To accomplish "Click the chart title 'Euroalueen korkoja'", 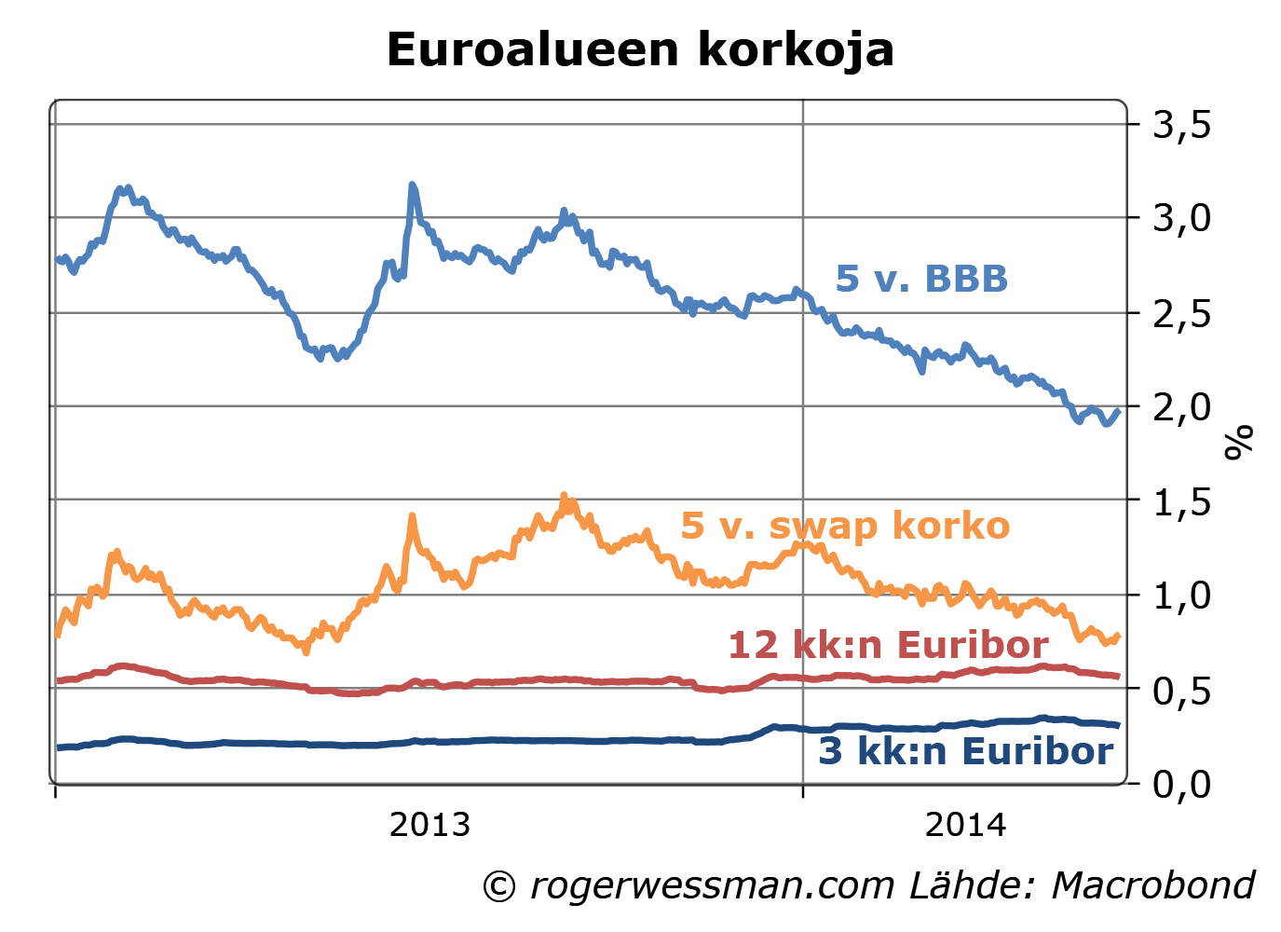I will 640,49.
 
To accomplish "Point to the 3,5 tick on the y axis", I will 1182,124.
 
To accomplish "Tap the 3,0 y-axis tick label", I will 1182,218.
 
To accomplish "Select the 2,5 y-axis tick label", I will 1182,313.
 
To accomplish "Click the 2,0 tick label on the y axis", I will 1182,407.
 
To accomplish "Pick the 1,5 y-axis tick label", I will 1182,502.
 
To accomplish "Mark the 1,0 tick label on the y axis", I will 1182,596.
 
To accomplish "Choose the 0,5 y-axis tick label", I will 1182,691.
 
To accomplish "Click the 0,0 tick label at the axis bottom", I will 1182,784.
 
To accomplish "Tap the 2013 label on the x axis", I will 429,825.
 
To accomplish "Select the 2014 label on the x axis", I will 965,825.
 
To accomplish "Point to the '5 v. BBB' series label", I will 921,279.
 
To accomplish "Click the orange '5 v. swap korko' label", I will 845,526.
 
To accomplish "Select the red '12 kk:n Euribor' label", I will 888,645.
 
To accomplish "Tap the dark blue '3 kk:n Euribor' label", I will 965,751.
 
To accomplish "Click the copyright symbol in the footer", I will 499,886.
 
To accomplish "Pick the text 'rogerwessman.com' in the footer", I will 713,886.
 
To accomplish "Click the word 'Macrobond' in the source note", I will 1153,885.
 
